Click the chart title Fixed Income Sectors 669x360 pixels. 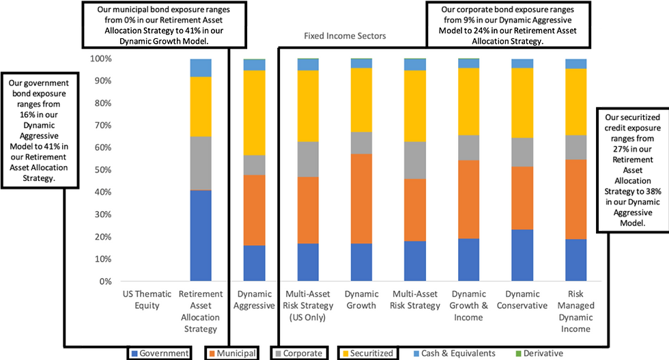[x=345, y=36]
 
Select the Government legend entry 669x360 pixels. [x=160, y=353]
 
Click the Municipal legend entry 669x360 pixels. [x=232, y=353]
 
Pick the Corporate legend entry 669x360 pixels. [x=299, y=353]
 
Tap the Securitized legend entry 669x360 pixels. [x=368, y=353]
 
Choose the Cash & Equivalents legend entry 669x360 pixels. [x=455, y=353]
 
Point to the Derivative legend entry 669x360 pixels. [x=539, y=353]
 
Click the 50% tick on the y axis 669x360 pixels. [x=102, y=170]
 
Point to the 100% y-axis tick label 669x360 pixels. [x=101, y=59]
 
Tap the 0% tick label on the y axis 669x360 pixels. [x=105, y=281]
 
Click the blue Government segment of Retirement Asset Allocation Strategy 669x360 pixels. [x=201, y=235]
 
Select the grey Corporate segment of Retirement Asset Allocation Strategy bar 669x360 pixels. [x=201, y=163]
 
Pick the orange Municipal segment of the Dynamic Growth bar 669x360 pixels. [x=361, y=199]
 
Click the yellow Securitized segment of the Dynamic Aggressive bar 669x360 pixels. [x=254, y=113]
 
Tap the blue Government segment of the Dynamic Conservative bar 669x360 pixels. [x=522, y=255]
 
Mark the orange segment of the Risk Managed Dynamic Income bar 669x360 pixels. [x=576, y=199]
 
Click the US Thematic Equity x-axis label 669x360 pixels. [x=147, y=300]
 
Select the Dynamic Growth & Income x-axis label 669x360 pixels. [x=468, y=305]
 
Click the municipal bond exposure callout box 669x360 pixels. [x=164, y=25]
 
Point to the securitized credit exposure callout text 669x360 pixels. [x=632, y=170]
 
